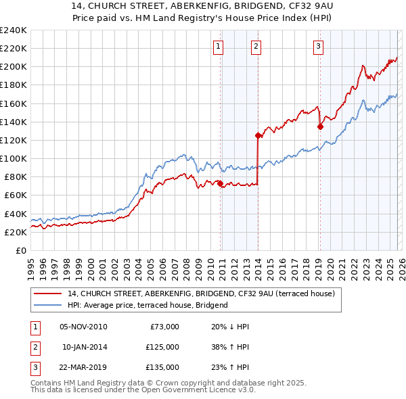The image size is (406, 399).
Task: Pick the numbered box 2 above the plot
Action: coord(256,47)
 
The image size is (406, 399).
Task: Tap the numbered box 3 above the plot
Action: coord(318,47)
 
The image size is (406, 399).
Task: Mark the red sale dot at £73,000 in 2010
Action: coord(220,183)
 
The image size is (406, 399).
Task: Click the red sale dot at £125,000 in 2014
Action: coord(258,135)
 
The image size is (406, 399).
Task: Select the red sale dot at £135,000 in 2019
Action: coord(320,126)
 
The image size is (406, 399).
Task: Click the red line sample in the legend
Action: coord(47,294)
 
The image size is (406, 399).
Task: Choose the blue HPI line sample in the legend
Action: coord(47,305)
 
